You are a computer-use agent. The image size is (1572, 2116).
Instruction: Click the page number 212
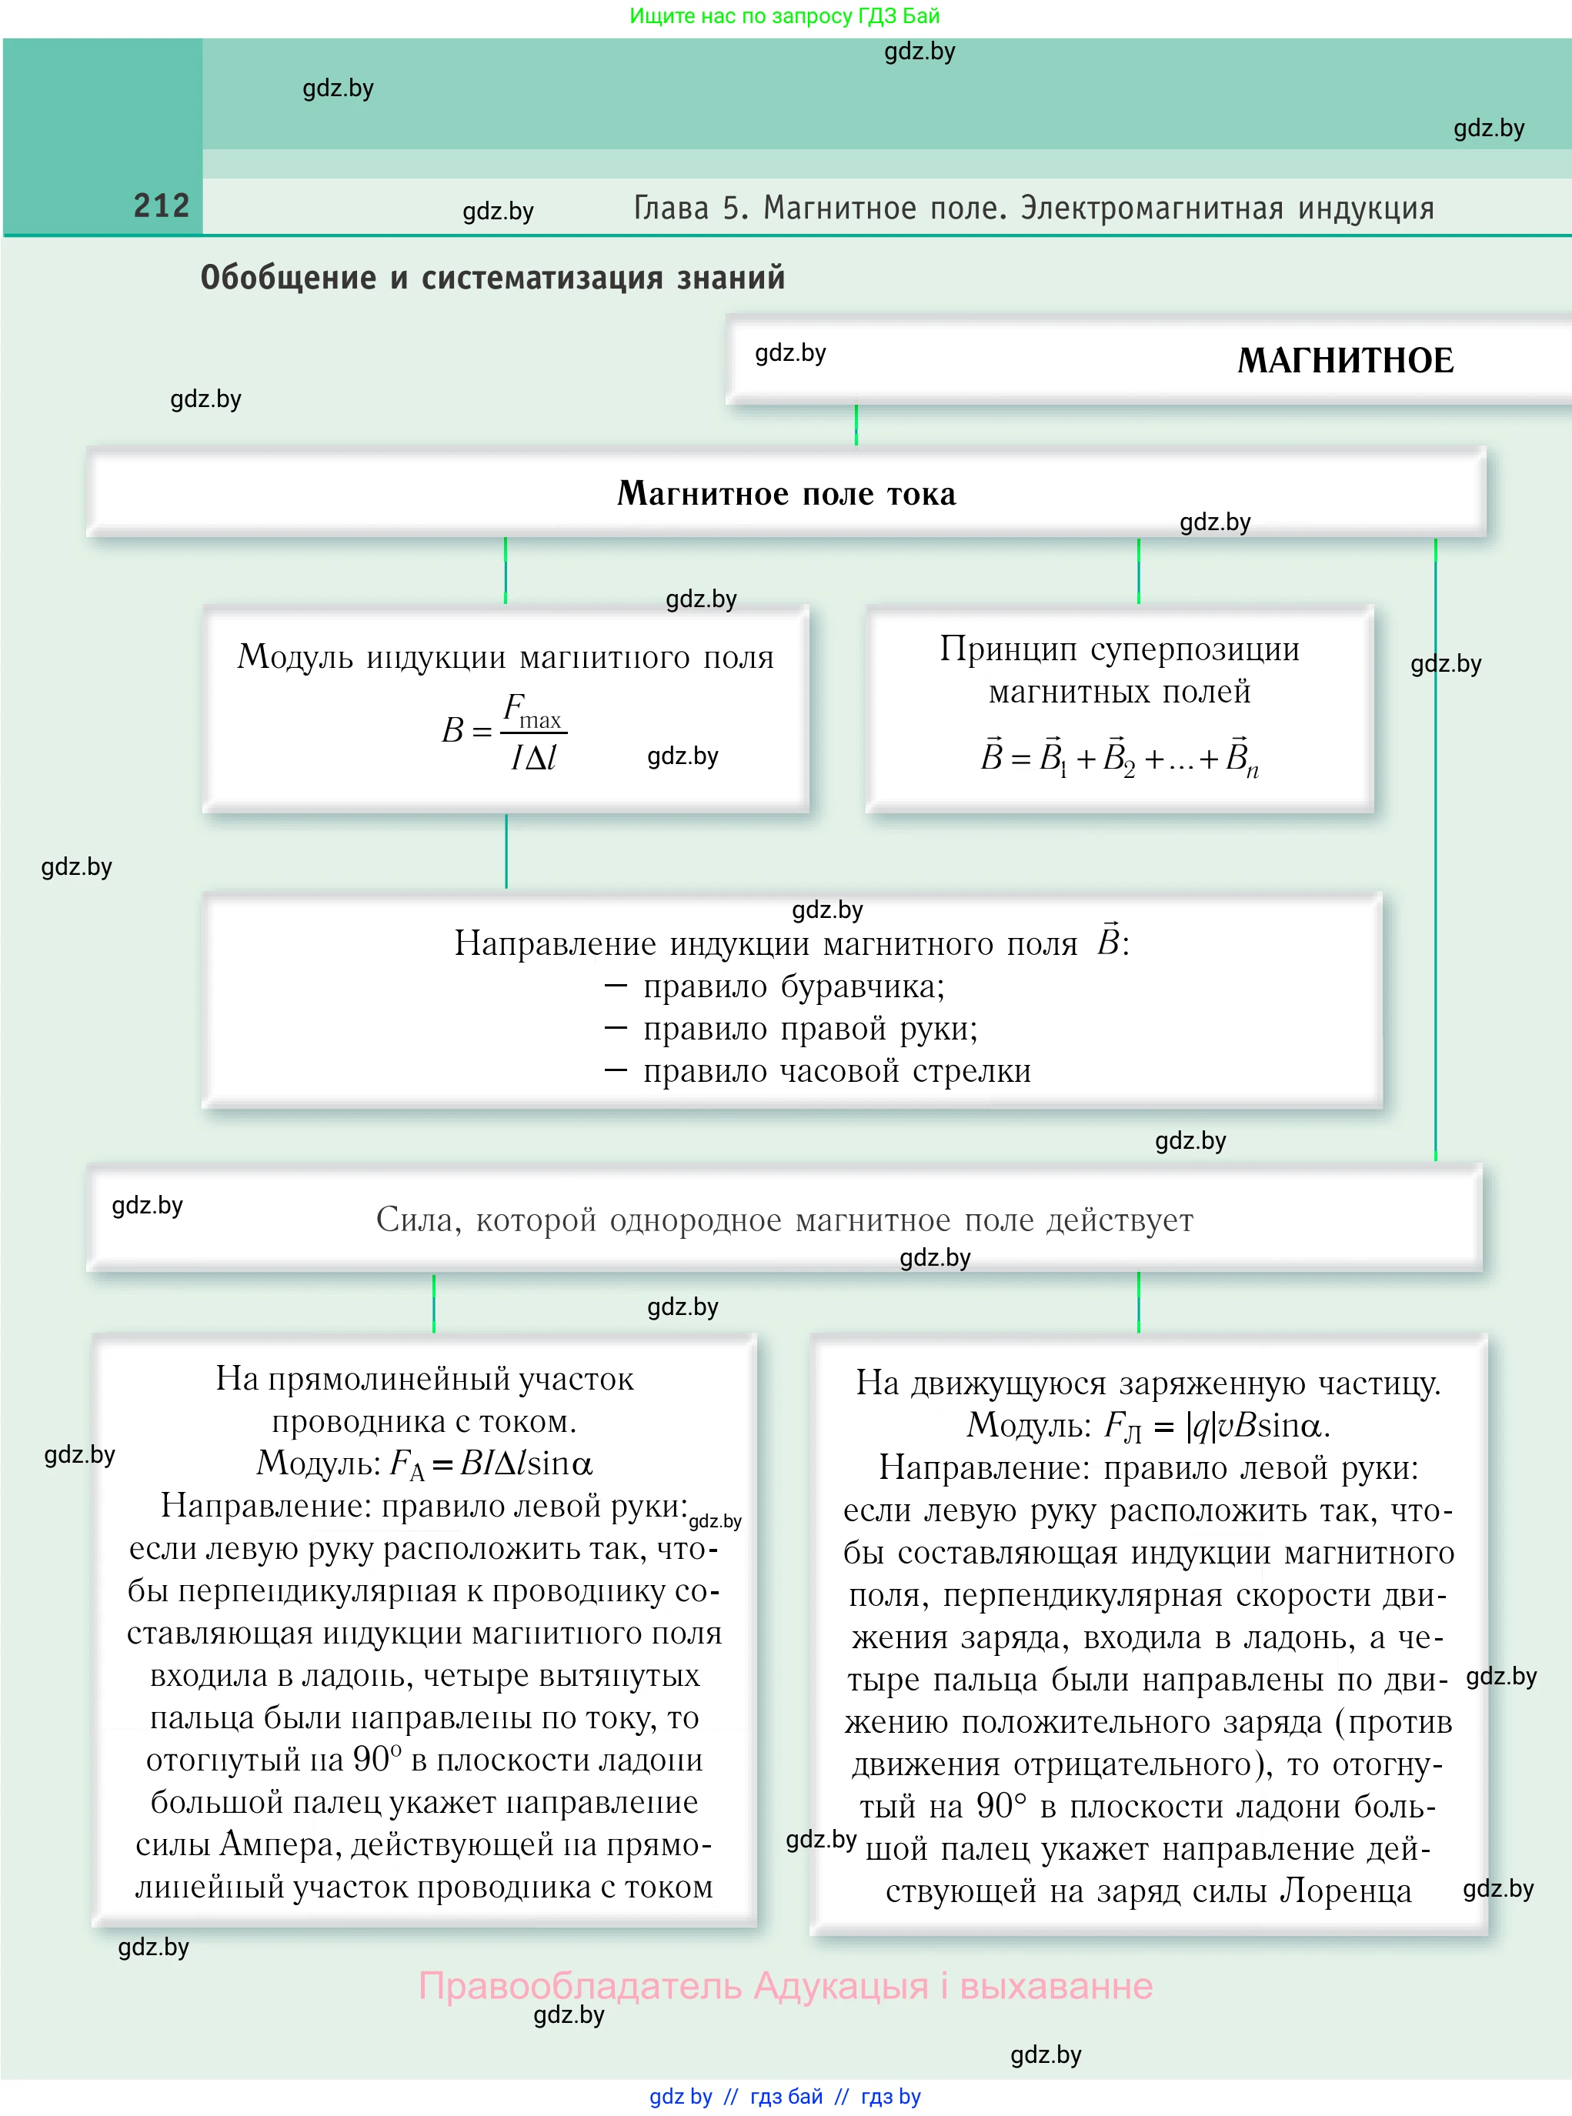tap(161, 205)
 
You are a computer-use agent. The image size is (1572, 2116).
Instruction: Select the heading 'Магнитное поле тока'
tap(786, 494)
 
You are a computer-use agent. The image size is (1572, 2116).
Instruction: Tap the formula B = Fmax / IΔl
tap(503, 731)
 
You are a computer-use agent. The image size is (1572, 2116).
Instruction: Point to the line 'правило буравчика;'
tap(793, 986)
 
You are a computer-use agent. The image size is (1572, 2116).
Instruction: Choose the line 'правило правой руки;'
tap(809, 1029)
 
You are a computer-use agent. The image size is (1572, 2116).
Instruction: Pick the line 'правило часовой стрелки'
tap(836, 1071)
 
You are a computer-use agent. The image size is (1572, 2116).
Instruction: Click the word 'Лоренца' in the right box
tap(1344, 1891)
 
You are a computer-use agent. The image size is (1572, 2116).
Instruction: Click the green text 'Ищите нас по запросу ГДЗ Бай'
tap(784, 16)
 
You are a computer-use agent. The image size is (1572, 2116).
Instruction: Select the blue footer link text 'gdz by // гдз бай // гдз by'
tap(784, 2096)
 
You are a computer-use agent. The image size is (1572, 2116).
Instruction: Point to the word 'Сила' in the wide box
tap(407, 1220)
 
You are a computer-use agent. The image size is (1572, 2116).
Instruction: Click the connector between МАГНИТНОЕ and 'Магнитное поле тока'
tap(856, 426)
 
